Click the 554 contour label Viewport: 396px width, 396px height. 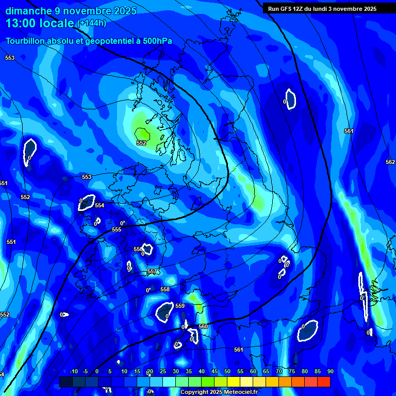coord(100,205)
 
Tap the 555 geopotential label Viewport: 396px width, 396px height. coord(117,229)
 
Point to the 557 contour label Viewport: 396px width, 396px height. coord(152,272)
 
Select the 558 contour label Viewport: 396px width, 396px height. coord(165,290)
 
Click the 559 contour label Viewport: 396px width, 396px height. coord(180,306)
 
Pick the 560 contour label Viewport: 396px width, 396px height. coord(203,326)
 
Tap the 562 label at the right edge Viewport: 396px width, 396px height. coord(390,162)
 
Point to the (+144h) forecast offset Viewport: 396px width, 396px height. coord(91,23)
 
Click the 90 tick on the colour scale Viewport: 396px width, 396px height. coord(330,371)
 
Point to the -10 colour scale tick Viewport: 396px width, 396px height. coord(73,371)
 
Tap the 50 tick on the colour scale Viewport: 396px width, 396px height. coord(227,371)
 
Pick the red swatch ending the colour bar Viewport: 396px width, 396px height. coord(323,382)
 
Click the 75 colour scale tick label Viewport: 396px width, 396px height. coord(292,371)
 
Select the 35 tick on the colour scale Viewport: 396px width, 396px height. coord(189,371)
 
